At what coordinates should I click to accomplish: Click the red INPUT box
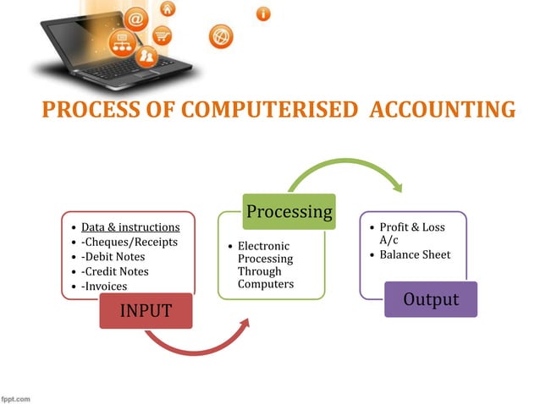point(145,310)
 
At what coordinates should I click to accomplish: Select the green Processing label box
point(289,211)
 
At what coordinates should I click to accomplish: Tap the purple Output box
point(430,299)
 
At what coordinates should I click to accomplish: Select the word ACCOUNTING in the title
point(443,111)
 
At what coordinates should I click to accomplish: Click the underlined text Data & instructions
point(130,227)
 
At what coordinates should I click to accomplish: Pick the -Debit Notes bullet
point(113,256)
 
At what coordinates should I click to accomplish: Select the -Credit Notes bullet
point(115,271)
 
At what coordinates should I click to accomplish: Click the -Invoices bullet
point(104,287)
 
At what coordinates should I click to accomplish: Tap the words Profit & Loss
point(411,227)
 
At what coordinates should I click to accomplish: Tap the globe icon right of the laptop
point(221,38)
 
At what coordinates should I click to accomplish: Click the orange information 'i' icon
point(263,14)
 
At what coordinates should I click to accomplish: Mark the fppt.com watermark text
point(17,397)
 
